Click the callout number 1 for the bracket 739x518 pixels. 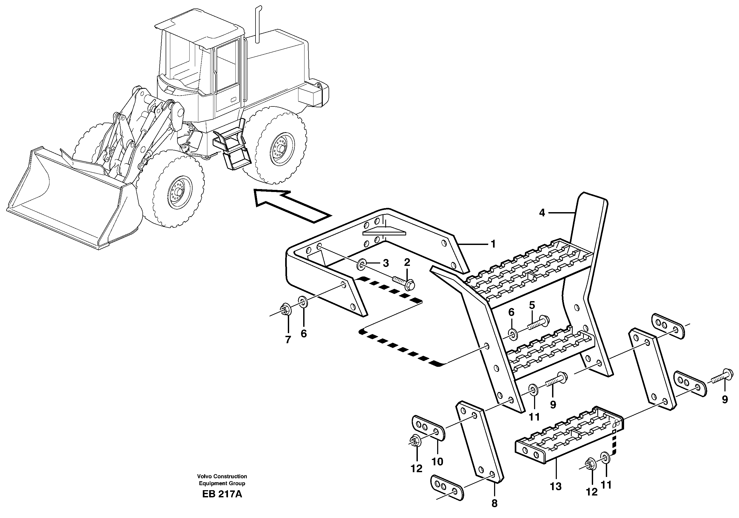pos(493,244)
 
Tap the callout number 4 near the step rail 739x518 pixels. pos(542,213)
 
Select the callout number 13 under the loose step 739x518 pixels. pos(556,486)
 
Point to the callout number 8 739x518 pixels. pos(494,503)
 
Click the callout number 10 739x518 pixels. pos(437,462)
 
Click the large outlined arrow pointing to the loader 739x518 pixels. pos(290,206)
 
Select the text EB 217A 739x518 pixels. pos(222,494)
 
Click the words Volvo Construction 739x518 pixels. pos(222,476)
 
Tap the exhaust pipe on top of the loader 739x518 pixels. pos(257,24)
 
